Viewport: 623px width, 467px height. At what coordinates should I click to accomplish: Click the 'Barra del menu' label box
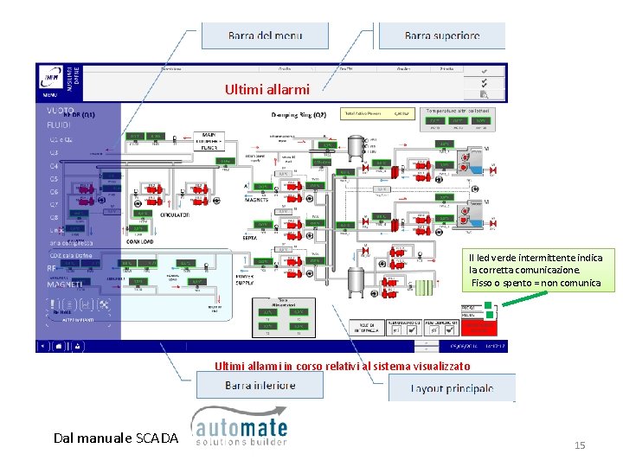click(265, 35)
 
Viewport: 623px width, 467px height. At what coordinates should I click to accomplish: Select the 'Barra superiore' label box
click(441, 35)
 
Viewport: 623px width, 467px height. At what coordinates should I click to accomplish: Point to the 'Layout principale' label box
click(451, 388)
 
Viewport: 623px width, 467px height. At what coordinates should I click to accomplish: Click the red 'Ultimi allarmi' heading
click(260, 89)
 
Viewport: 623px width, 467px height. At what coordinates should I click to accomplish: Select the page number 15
click(580, 445)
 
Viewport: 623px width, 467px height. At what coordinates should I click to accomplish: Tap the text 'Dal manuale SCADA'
click(115, 438)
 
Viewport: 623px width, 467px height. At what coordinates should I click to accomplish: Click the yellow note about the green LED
click(536, 271)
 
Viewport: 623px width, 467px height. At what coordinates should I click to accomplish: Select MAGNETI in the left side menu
click(66, 284)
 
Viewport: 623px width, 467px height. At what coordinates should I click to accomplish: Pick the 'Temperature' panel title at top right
click(457, 111)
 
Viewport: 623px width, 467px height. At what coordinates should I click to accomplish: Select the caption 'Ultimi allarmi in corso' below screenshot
click(343, 366)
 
